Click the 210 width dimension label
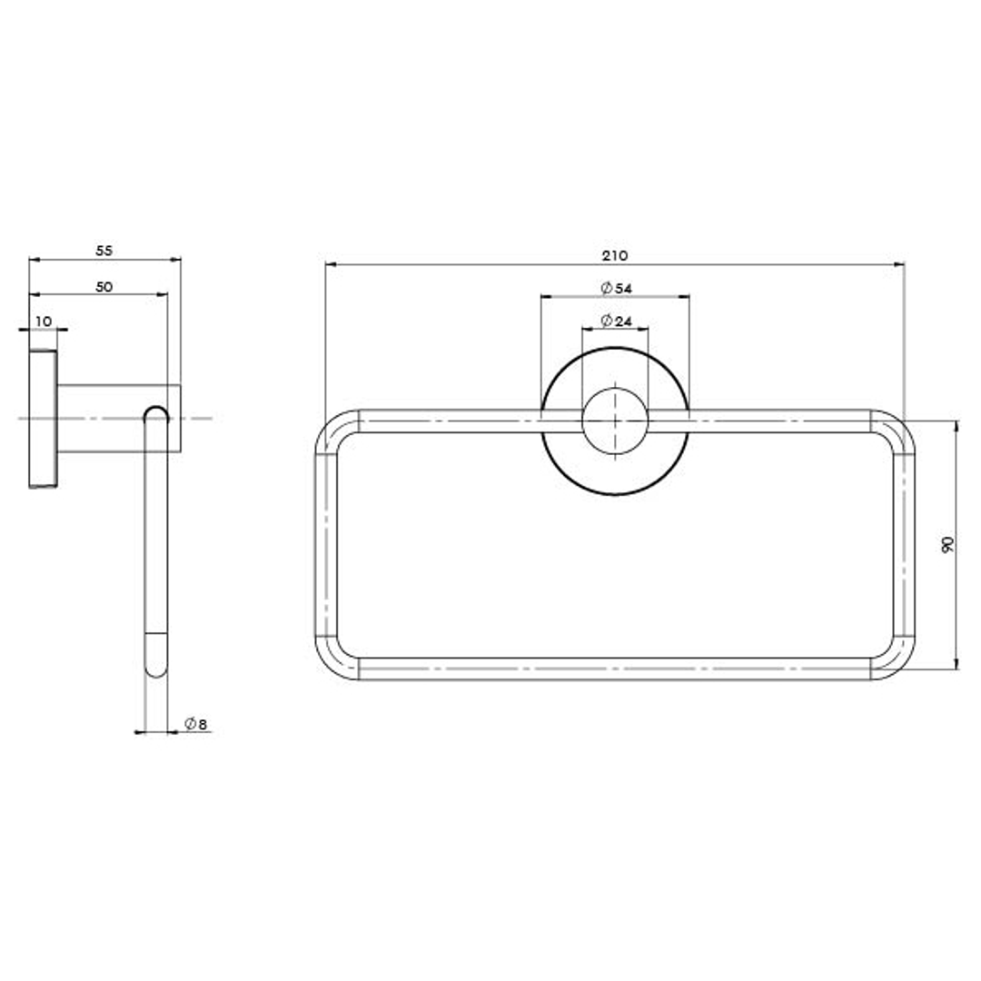click(615, 255)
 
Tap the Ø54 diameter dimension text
click(616, 289)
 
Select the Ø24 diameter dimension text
click(616, 321)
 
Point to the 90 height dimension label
click(947, 544)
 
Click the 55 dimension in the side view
click(104, 251)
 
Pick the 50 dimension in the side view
click(104, 286)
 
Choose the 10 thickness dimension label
click(44, 322)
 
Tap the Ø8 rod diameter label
click(195, 724)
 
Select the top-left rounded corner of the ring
click(327, 421)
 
